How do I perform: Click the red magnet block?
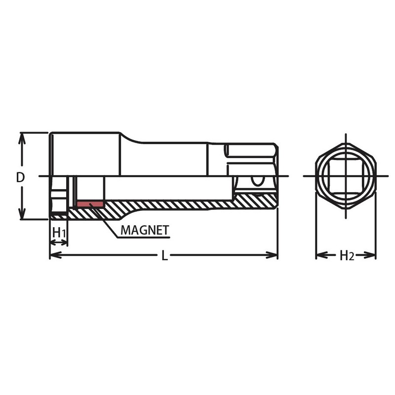90,204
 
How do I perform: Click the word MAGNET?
145,230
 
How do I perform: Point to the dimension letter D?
20,178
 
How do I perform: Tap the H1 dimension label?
59,232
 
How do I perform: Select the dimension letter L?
164,255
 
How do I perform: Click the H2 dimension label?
347,255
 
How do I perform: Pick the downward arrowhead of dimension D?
22,213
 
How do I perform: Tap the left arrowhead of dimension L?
55,255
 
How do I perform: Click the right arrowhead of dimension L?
272,255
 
